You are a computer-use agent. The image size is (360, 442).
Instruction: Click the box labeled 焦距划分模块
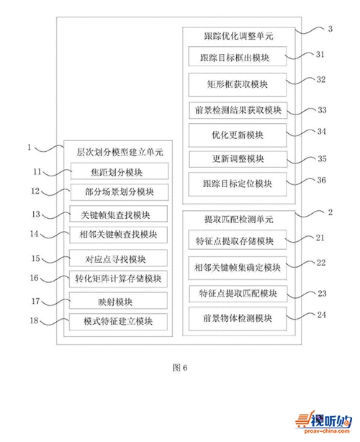120,171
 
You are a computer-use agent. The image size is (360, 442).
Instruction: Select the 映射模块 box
118,301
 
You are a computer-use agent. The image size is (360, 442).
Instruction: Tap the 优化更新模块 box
238,135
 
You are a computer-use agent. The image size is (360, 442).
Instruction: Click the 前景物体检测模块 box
238,319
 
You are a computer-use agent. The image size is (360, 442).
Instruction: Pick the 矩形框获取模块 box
238,84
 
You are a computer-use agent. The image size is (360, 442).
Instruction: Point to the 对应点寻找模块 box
118,258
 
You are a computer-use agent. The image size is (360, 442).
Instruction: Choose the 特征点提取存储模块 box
238,240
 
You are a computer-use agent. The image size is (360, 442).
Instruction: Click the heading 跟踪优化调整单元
238,36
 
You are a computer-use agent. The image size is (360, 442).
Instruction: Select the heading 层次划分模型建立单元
120,152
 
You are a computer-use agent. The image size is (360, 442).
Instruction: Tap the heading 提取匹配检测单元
238,220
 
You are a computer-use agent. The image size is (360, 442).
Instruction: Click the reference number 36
321,180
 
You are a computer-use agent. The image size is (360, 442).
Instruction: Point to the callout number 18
34,320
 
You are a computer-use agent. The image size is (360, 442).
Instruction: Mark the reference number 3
330,29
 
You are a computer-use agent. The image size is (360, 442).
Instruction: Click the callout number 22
321,263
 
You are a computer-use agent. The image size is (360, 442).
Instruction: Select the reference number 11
37,171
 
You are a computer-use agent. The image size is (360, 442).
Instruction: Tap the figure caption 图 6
180,368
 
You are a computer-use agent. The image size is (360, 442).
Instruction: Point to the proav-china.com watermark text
327,430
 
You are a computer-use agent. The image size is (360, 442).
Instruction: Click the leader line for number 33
301,111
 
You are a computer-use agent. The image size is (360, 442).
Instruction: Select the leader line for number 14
55,235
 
